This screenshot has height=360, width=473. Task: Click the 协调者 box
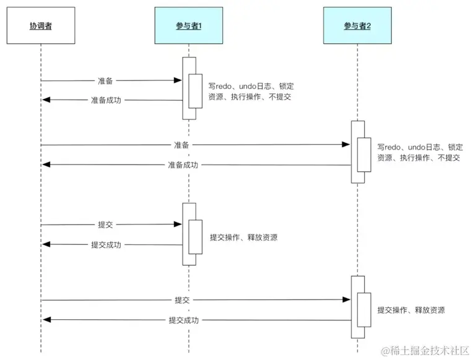41,25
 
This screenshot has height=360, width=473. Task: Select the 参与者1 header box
189,25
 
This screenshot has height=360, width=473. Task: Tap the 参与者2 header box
357,25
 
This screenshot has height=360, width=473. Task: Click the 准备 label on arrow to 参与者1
105,80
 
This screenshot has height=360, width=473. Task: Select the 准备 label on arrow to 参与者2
181,145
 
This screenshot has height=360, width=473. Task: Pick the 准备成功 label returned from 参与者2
183,165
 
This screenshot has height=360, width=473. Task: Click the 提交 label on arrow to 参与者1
105,225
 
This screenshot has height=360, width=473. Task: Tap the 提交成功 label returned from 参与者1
106,245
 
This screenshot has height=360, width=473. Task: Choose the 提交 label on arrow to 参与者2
182,300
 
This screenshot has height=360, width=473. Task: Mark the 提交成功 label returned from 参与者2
184,320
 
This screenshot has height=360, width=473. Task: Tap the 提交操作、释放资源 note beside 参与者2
411,311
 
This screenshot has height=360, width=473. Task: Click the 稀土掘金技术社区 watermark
426,351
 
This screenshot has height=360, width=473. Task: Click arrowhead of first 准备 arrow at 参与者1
178,80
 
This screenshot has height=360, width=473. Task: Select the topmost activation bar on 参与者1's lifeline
189,88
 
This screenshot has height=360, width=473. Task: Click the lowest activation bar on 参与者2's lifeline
357,307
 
